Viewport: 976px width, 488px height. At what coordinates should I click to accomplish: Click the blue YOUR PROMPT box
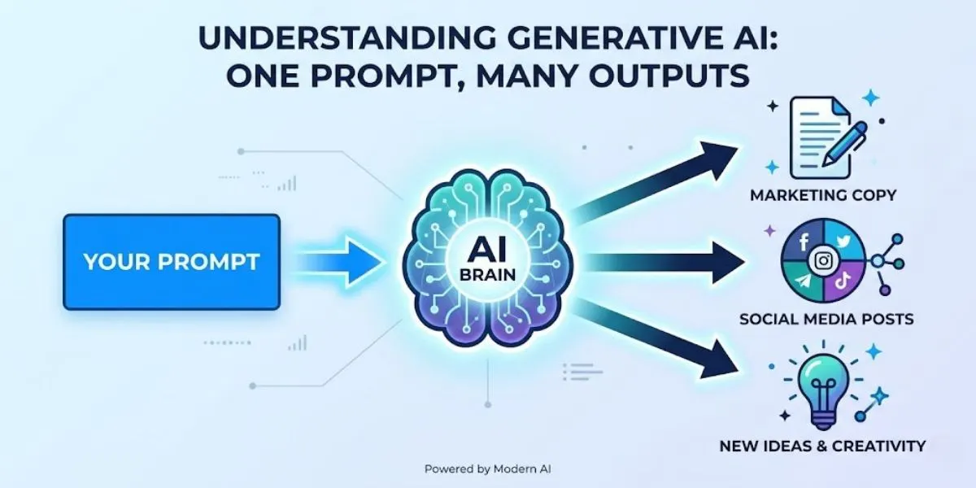click(x=171, y=262)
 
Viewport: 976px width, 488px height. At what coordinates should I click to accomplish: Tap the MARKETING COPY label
click(x=823, y=195)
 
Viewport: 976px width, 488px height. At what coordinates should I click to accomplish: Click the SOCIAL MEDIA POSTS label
click(x=826, y=319)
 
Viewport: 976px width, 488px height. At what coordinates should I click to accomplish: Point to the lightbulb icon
click(x=824, y=383)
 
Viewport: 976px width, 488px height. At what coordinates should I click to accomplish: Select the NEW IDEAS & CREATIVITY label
click(x=822, y=446)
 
